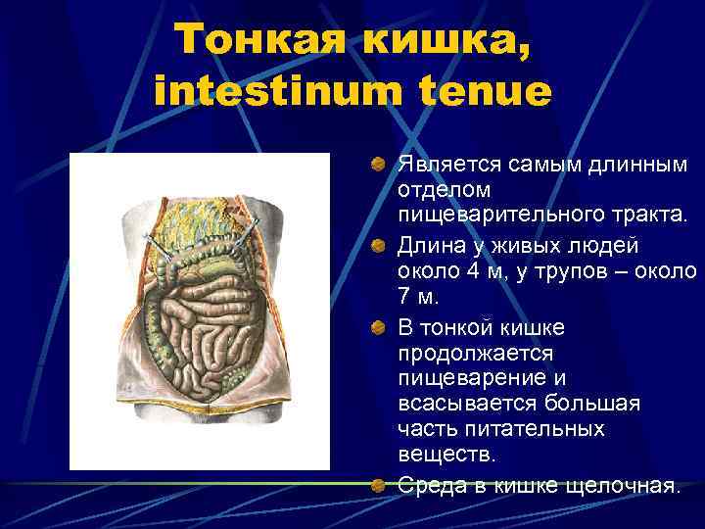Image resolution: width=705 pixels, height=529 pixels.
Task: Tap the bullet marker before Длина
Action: tap(378, 243)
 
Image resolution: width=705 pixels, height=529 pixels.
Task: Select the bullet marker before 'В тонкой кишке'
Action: tap(378, 324)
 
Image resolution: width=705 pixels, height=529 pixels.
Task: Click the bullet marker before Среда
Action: tap(378, 482)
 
